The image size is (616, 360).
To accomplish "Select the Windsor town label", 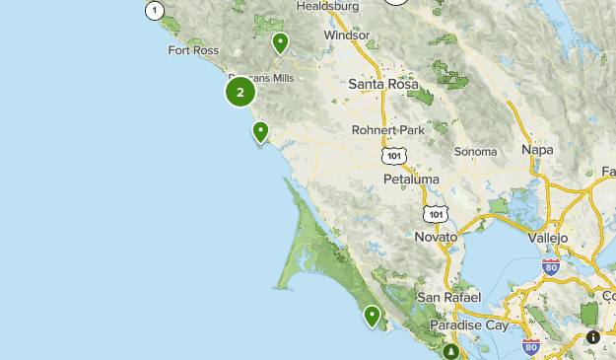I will [x=347, y=36].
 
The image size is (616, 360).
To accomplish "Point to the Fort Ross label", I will [x=192, y=50].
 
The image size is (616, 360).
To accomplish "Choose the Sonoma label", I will [x=475, y=152].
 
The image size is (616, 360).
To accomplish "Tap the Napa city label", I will [x=537, y=149].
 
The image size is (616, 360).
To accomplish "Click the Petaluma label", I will [x=411, y=180].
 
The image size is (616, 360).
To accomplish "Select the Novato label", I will [x=436, y=238].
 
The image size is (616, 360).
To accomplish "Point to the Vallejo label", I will [x=548, y=238].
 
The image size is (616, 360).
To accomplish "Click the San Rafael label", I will [x=447, y=297].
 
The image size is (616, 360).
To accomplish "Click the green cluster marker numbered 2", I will [x=240, y=92].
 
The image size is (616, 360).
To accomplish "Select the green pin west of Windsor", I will [x=281, y=42].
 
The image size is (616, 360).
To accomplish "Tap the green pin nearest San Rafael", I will [x=373, y=316].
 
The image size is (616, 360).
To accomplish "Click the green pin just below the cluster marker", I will [x=260, y=131].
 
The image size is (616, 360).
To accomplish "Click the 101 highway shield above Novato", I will [x=437, y=213].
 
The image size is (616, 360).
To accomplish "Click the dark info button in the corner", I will [x=593, y=337].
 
